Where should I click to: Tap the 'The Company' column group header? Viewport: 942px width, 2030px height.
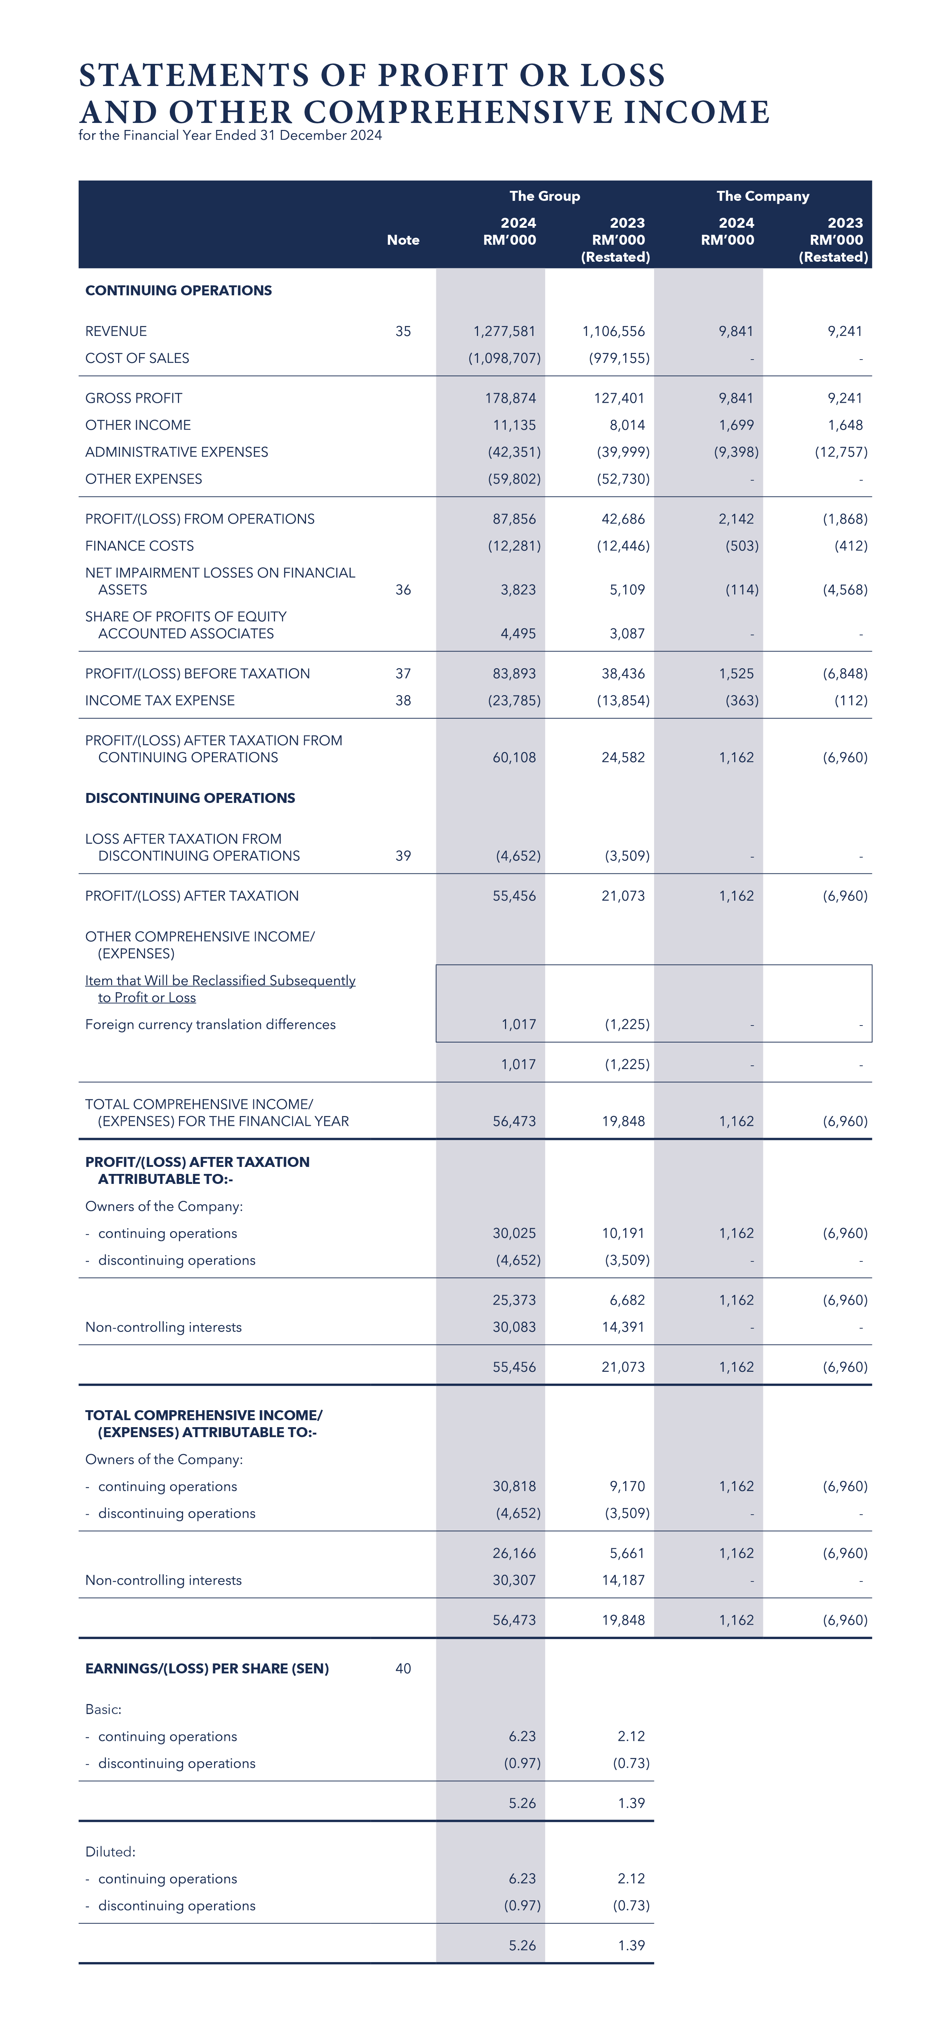762,196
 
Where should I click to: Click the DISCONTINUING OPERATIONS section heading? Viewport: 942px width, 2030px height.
190,798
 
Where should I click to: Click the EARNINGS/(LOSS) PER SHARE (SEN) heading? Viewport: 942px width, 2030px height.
207,1669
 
